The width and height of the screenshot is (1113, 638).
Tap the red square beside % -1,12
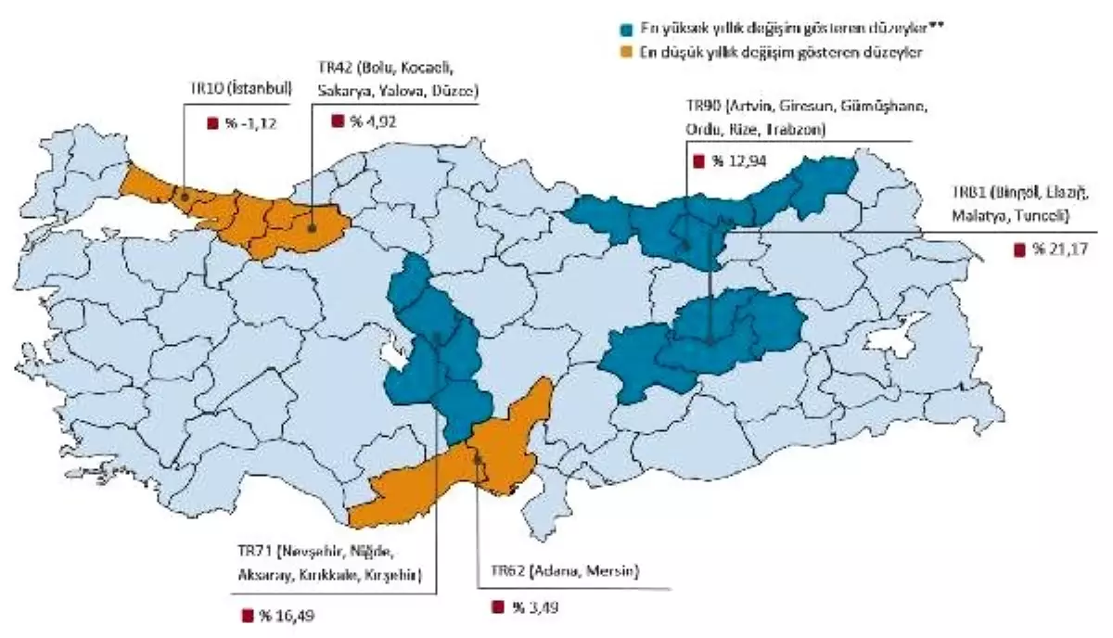[x=211, y=121]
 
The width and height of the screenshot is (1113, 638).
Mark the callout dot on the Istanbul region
[x=184, y=197]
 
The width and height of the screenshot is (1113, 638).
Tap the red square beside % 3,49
[x=496, y=607]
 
